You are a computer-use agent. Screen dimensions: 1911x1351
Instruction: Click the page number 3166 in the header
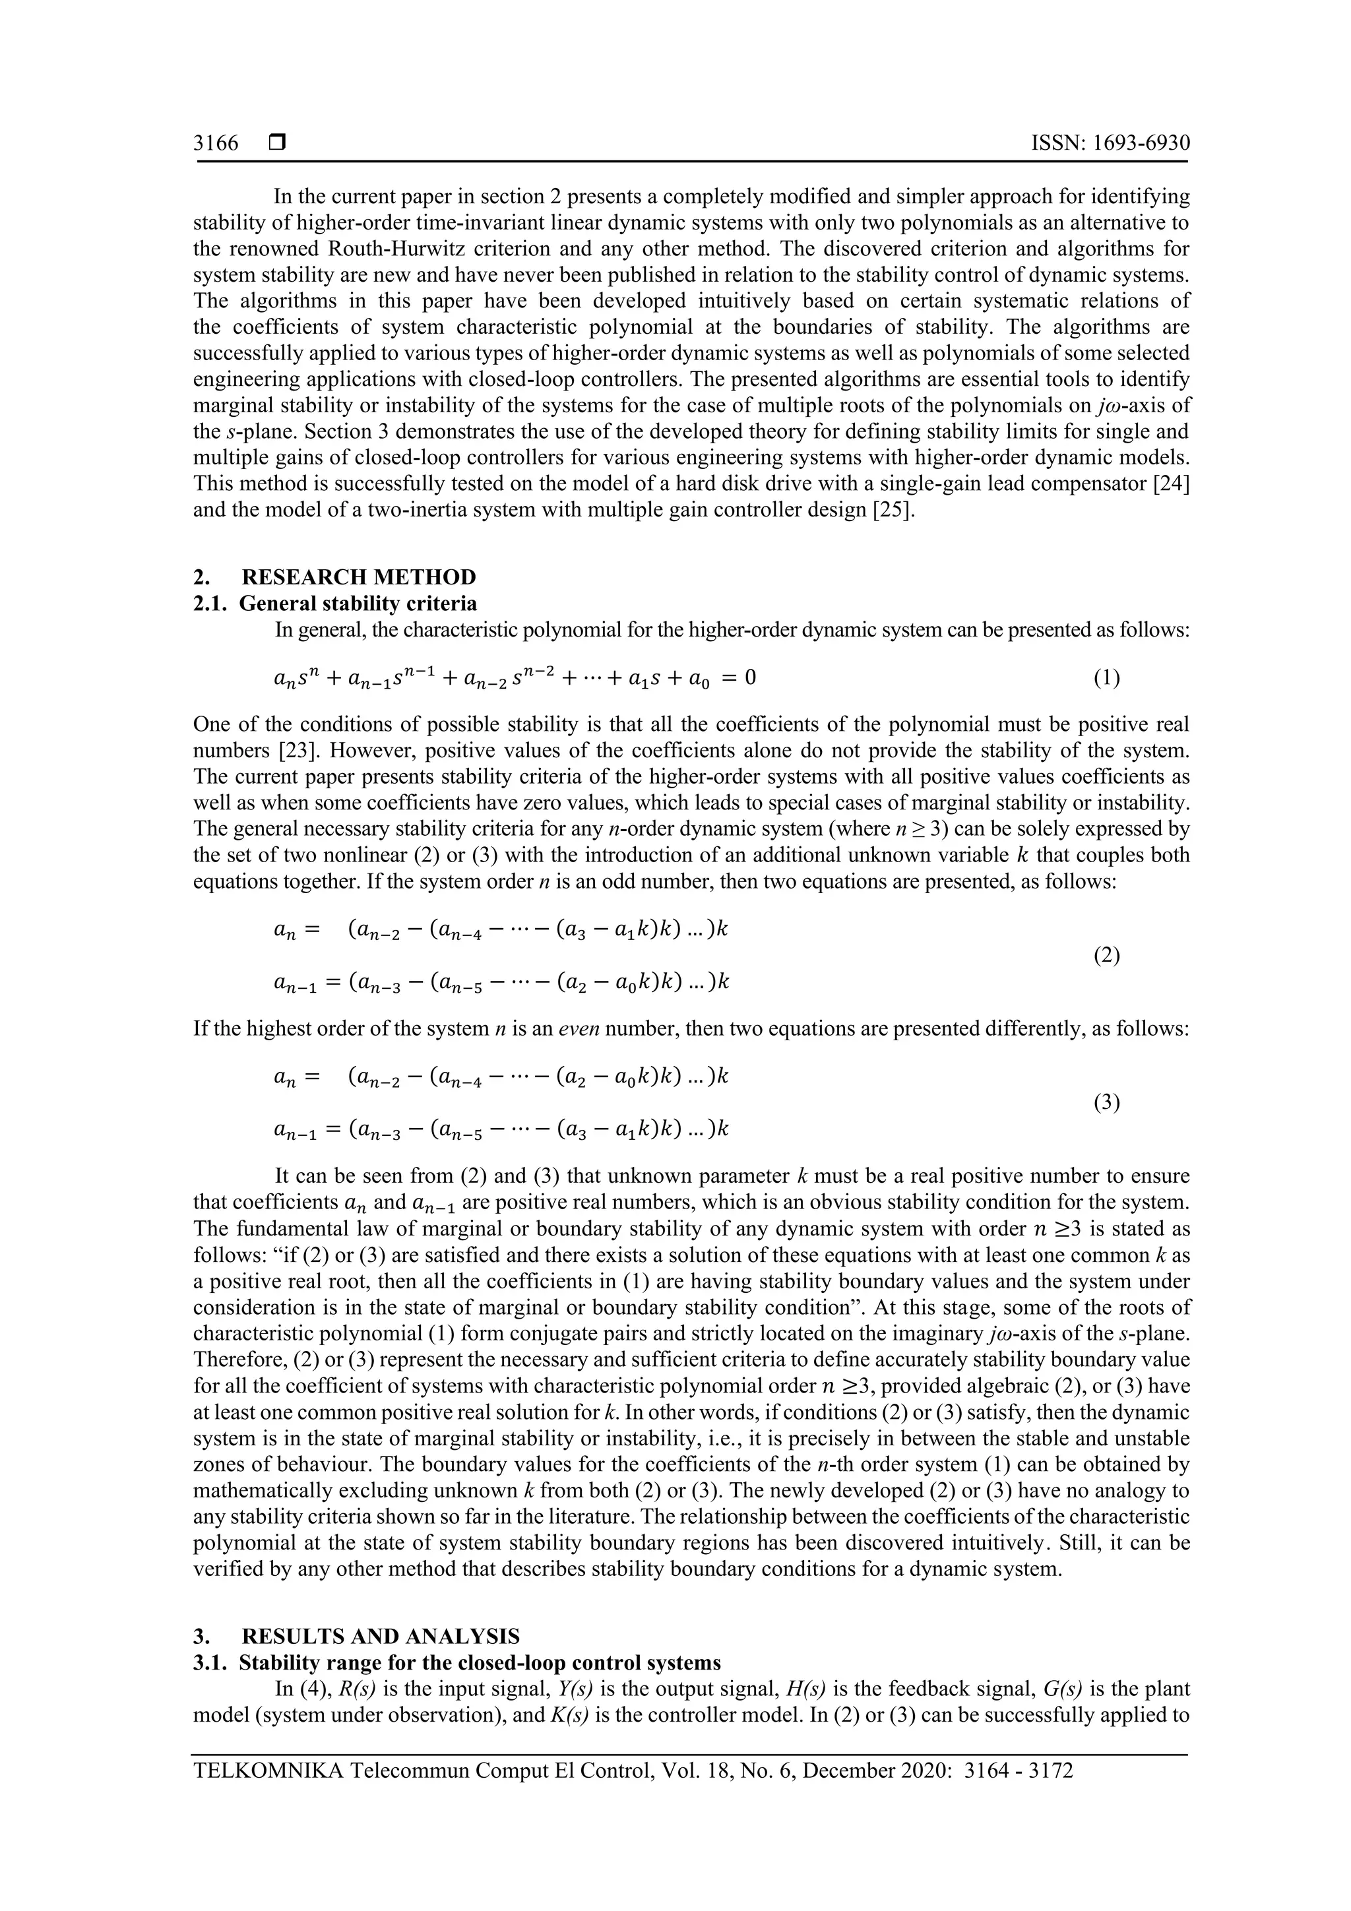[216, 143]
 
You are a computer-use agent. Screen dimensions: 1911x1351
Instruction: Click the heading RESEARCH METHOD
[359, 577]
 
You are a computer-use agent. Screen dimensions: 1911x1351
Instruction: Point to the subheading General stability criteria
[358, 603]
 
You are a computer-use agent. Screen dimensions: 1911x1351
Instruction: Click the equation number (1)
[1106, 678]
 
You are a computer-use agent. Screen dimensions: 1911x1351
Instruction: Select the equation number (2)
[1106, 955]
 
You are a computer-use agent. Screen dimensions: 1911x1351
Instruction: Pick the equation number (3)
[1106, 1104]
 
